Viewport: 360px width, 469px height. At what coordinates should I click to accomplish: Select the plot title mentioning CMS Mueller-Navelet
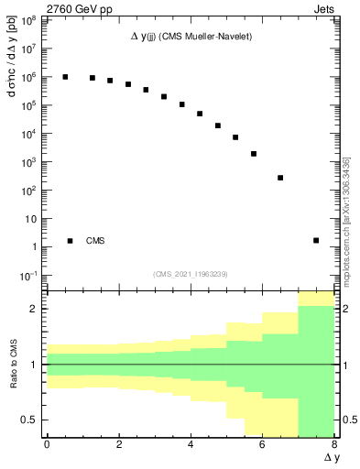tap(190, 36)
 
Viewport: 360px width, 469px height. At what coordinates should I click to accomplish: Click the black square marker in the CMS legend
tap(70, 241)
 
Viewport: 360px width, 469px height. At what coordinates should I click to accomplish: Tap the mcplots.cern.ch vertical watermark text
tap(347, 229)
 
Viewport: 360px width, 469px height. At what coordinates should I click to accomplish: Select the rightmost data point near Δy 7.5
tap(316, 241)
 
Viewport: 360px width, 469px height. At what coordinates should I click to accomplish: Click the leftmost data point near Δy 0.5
tap(65, 77)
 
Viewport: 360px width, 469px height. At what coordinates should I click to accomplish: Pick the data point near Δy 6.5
tap(280, 178)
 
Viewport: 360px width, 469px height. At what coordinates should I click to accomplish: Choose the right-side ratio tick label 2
tap(344, 309)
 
